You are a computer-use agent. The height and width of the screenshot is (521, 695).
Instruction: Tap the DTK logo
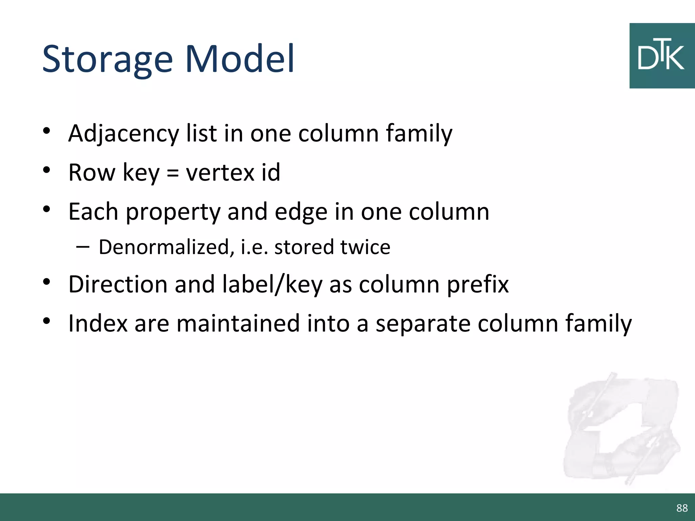pyautogui.click(x=661, y=56)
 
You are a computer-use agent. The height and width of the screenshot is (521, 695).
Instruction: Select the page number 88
pyautogui.click(x=682, y=508)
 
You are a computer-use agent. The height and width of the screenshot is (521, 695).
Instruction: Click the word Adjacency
pyautogui.click(x=124, y=133)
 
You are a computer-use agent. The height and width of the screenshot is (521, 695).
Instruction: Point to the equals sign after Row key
pyautogui.click(x=172, y=173)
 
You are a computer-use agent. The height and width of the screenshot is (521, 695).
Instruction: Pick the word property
pyautogui.click(x=173, y=212)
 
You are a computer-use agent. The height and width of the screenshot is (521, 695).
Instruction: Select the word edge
pyautogui.click(x=301, y=212)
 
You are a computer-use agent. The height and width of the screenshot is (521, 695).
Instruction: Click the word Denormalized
pyautogui.click(x=164, y=247)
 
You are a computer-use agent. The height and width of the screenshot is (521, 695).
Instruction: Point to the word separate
pyautogui.click(x=423, y=324)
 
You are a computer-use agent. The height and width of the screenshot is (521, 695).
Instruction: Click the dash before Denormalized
pyautogui.click(x=83, y=247)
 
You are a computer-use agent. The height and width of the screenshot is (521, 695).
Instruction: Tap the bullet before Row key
pyautogui.click(x=47, y=170)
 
